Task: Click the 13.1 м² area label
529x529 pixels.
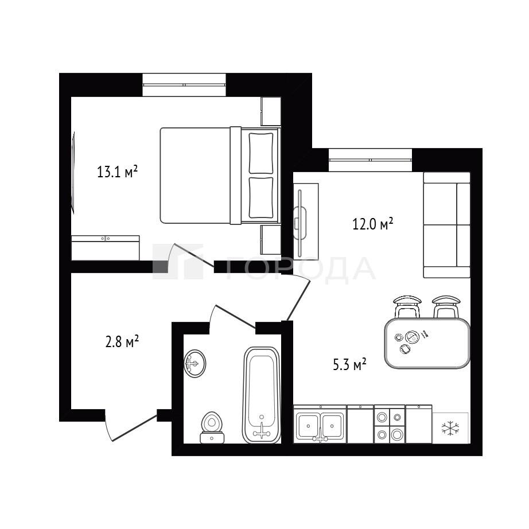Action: pyautogui.click(x=118, y=172)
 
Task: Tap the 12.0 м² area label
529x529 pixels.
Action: pyautogui.click(x=373, y=224)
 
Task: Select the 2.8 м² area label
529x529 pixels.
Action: pyautogui.click(x=122, y=341)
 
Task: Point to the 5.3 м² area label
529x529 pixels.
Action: pyautogui.click(x=349, y=365)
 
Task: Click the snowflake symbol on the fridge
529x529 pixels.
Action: pyautogui.click(x=450, y=428)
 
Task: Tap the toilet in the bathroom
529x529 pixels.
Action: pyautogui.click(x=212, y=427)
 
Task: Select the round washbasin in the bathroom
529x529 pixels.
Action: pyautogui.click(x=195, y=363)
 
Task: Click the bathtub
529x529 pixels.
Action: pyautogui.click(x=262, y=395)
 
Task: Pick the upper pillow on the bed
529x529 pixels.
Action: pyautogui.click(x=261, y=153)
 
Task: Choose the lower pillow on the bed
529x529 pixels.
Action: pyautogui.click(x=261, y=198)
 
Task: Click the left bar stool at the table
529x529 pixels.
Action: pyautogui.click(x=407, y=306)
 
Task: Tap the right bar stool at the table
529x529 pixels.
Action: pyautogui.click(x=446, y=306)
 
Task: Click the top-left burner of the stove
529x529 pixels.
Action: pyautogui.click(x=382, y=417)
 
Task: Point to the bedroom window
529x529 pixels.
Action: pyautogui.click(x=184, y=85)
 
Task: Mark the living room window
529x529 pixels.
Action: pyautogui.click(x=371, y=160)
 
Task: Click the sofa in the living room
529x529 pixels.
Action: pyautogui.click(x=447, y=225)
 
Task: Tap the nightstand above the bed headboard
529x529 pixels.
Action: pyautogui.click(x=271, y=111)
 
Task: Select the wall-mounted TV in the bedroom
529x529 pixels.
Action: pyautogui.click(x=73, y=172)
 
